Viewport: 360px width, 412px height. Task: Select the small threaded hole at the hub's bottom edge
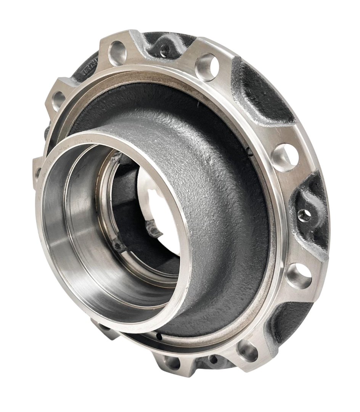pos(212,358)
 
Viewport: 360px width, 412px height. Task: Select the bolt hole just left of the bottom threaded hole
pos(170,361)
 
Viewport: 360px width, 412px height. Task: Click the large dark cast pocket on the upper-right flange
pos(259,92)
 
